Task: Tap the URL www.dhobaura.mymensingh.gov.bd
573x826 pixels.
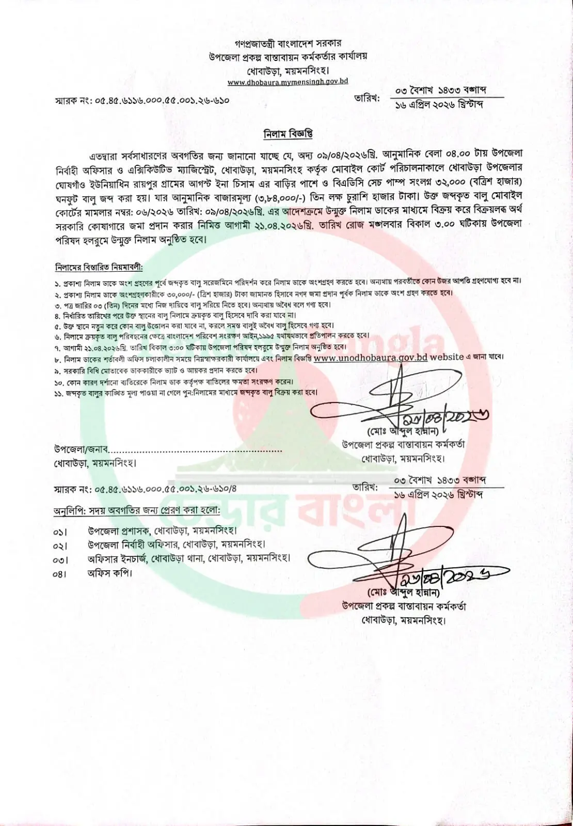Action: click(x=288, y=82)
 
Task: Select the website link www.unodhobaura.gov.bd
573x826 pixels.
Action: click(x=370, y=357)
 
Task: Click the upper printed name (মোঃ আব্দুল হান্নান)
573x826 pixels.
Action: click(x=404, y=430)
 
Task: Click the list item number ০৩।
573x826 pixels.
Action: click(x=60, y=560)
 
